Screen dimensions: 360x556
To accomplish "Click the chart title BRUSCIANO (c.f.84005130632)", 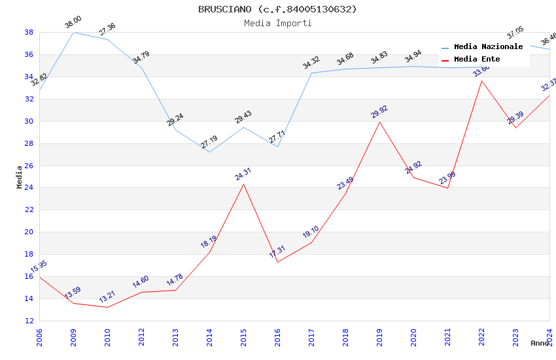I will point(277,9).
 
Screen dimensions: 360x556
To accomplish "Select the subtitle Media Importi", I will point(277,23).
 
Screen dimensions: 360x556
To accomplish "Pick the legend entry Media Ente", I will point(477,59).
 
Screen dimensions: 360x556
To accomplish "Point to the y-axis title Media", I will point(19,177).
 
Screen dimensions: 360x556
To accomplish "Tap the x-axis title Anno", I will point(540,343).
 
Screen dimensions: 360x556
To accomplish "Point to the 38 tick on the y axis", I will point(29,32).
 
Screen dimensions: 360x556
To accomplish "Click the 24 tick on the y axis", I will point(29,188).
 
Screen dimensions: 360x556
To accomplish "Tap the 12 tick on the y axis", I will point(29,321).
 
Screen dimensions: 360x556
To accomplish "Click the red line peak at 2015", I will point(243,184).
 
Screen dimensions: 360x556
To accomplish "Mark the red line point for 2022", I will point(481,81).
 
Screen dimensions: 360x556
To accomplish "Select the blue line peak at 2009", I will point(73,32).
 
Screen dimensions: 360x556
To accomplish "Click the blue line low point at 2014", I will point(209,152).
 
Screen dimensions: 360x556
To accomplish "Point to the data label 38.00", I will point(73,24).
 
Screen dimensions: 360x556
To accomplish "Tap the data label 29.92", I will point(379,111).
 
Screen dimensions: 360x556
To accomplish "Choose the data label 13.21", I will point(107,296).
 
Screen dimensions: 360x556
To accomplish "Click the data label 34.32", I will point(311,63).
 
